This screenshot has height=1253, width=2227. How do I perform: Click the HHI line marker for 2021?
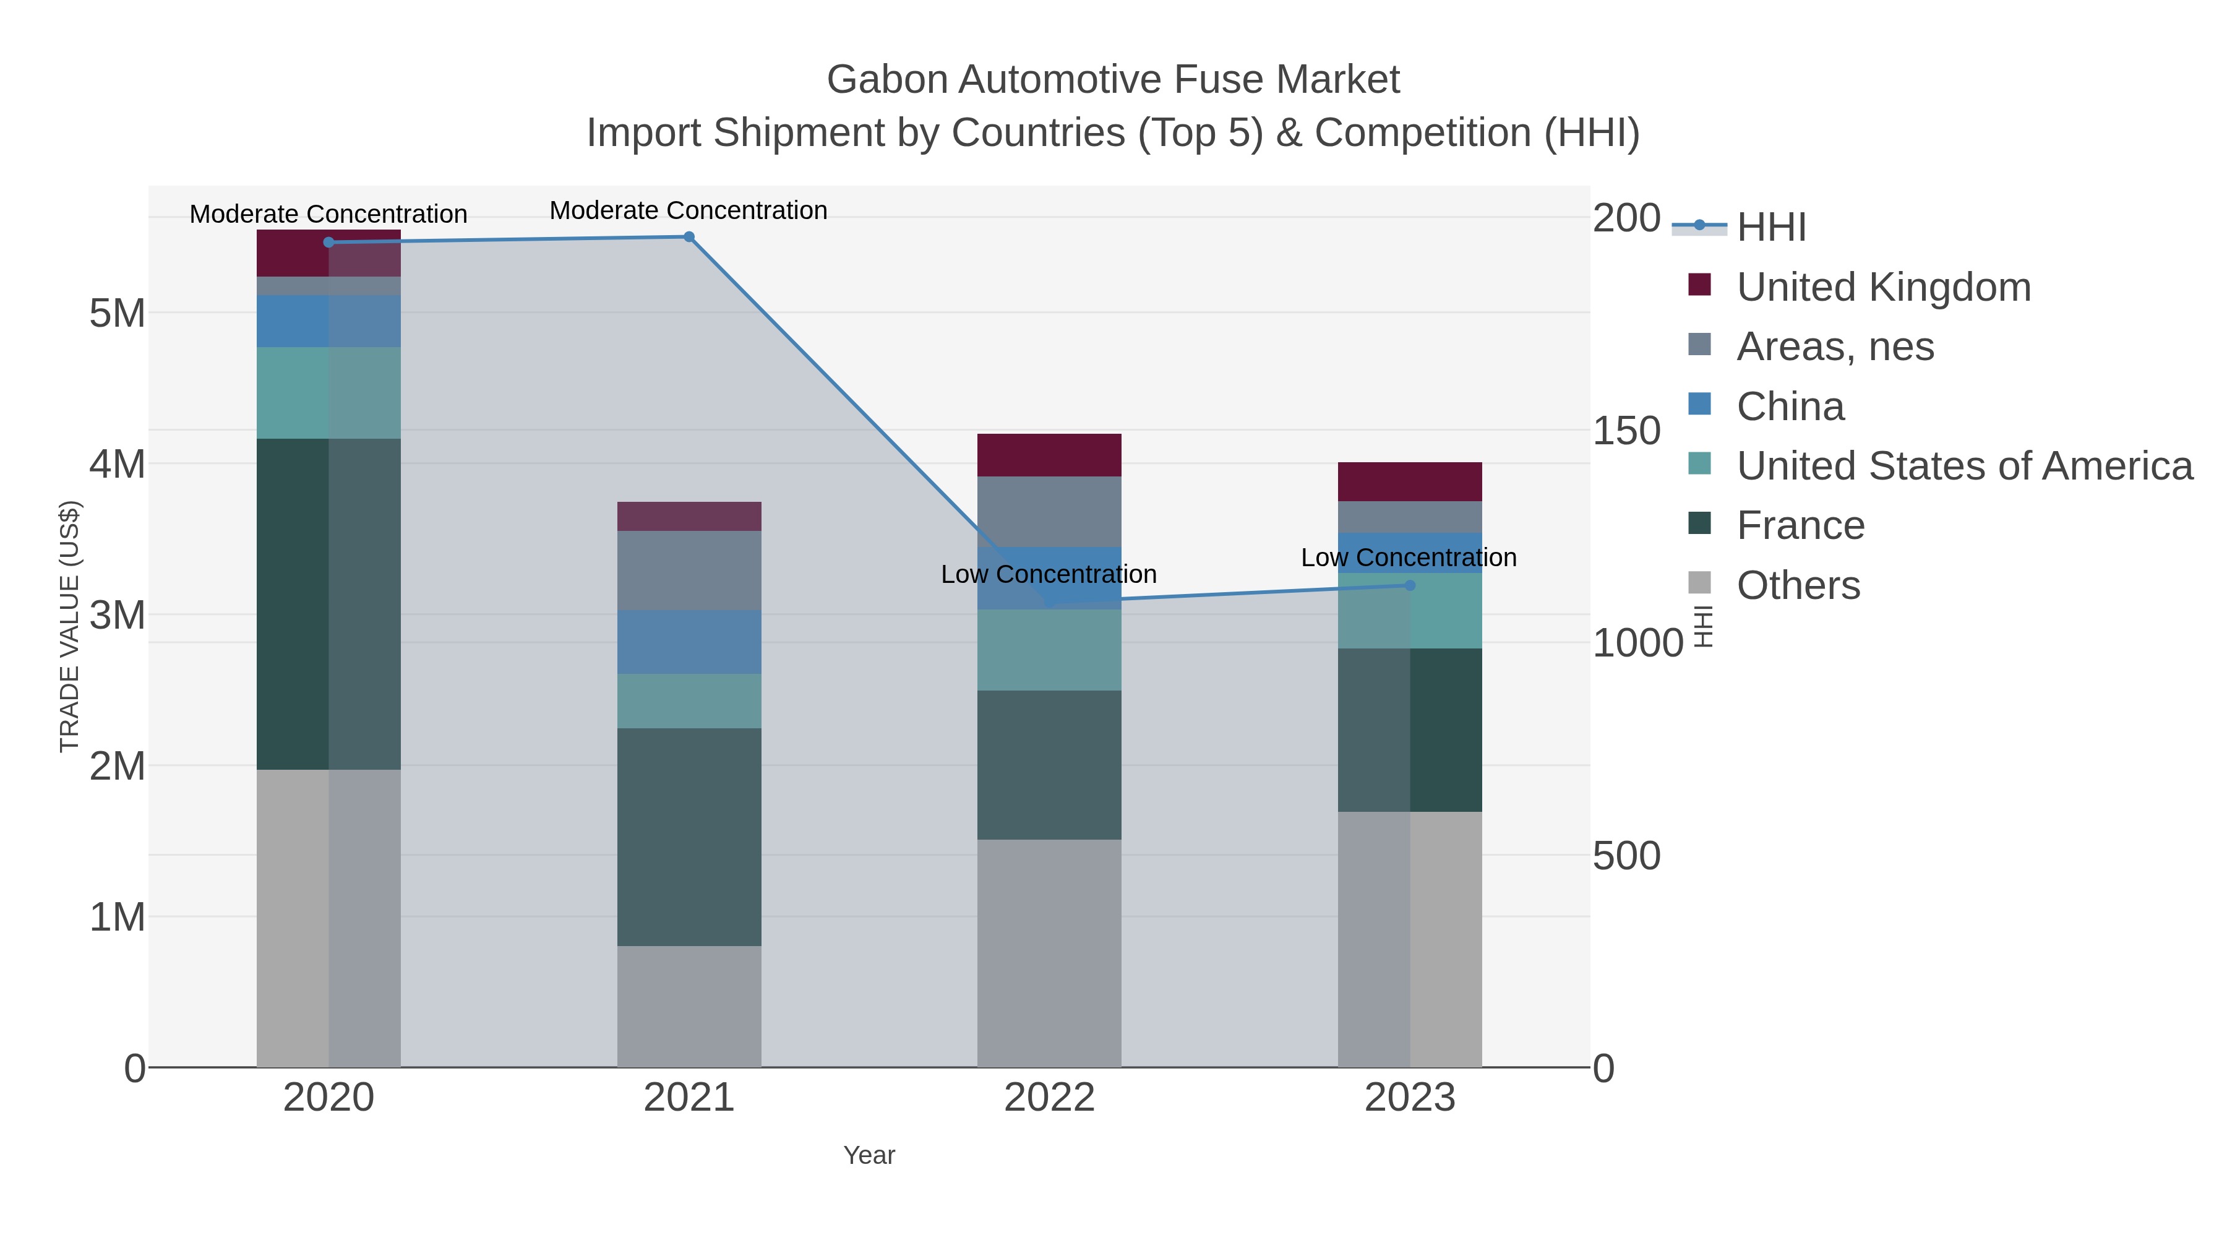point(689,237)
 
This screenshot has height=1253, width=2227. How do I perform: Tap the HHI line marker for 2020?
point(328,242)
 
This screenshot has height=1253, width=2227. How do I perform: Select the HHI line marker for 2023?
point(1410,585)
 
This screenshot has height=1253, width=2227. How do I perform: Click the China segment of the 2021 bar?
point(689,642)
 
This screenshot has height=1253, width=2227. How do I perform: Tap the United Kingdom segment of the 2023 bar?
point(1410,481)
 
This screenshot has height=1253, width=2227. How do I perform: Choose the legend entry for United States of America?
point(1964,466)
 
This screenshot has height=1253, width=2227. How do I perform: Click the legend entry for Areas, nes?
point(1835,347)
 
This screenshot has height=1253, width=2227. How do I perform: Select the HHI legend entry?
point(1770,226)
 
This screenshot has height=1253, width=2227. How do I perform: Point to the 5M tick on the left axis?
point(118,313)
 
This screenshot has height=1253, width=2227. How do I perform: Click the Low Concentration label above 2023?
point(1409,558)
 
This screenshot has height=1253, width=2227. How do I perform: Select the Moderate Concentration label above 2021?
point(688,210)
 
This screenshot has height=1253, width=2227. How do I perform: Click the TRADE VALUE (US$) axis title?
point(69,626)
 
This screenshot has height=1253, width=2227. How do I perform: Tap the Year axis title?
point(869,1155)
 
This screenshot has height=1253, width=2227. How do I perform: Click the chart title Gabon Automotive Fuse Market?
point(1113,80)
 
